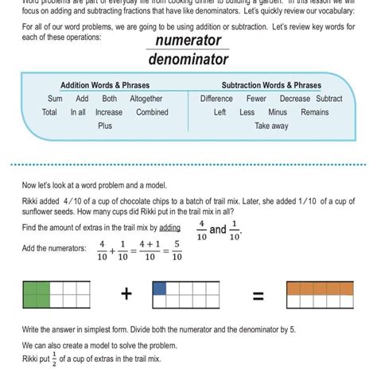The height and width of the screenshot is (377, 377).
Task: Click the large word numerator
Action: [x=188, y=41]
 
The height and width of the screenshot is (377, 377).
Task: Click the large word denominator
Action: [x=188, y=59]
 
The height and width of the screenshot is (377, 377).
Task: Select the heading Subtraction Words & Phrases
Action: [x=271, y=86]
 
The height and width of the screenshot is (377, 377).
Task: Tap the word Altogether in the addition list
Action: [x=146, y=99]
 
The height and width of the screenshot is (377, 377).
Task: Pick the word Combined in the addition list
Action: [x=152, y=112]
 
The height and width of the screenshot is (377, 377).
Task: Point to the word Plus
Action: [x=104, y=126]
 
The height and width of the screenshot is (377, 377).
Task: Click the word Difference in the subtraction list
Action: [x=216, y=99]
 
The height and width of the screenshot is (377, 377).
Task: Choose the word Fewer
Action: [x=256, y=99]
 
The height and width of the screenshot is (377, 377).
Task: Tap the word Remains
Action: [x=314, y=112]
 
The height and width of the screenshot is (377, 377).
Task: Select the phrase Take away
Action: [x=271, y=126]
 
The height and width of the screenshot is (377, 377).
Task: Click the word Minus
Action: [x=278, y=112]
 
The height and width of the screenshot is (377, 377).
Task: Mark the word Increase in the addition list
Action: [x=109, y=112]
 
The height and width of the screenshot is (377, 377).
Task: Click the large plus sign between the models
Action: [x=126, y=295]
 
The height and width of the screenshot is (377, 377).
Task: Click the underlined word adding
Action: [x=169, y=228]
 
